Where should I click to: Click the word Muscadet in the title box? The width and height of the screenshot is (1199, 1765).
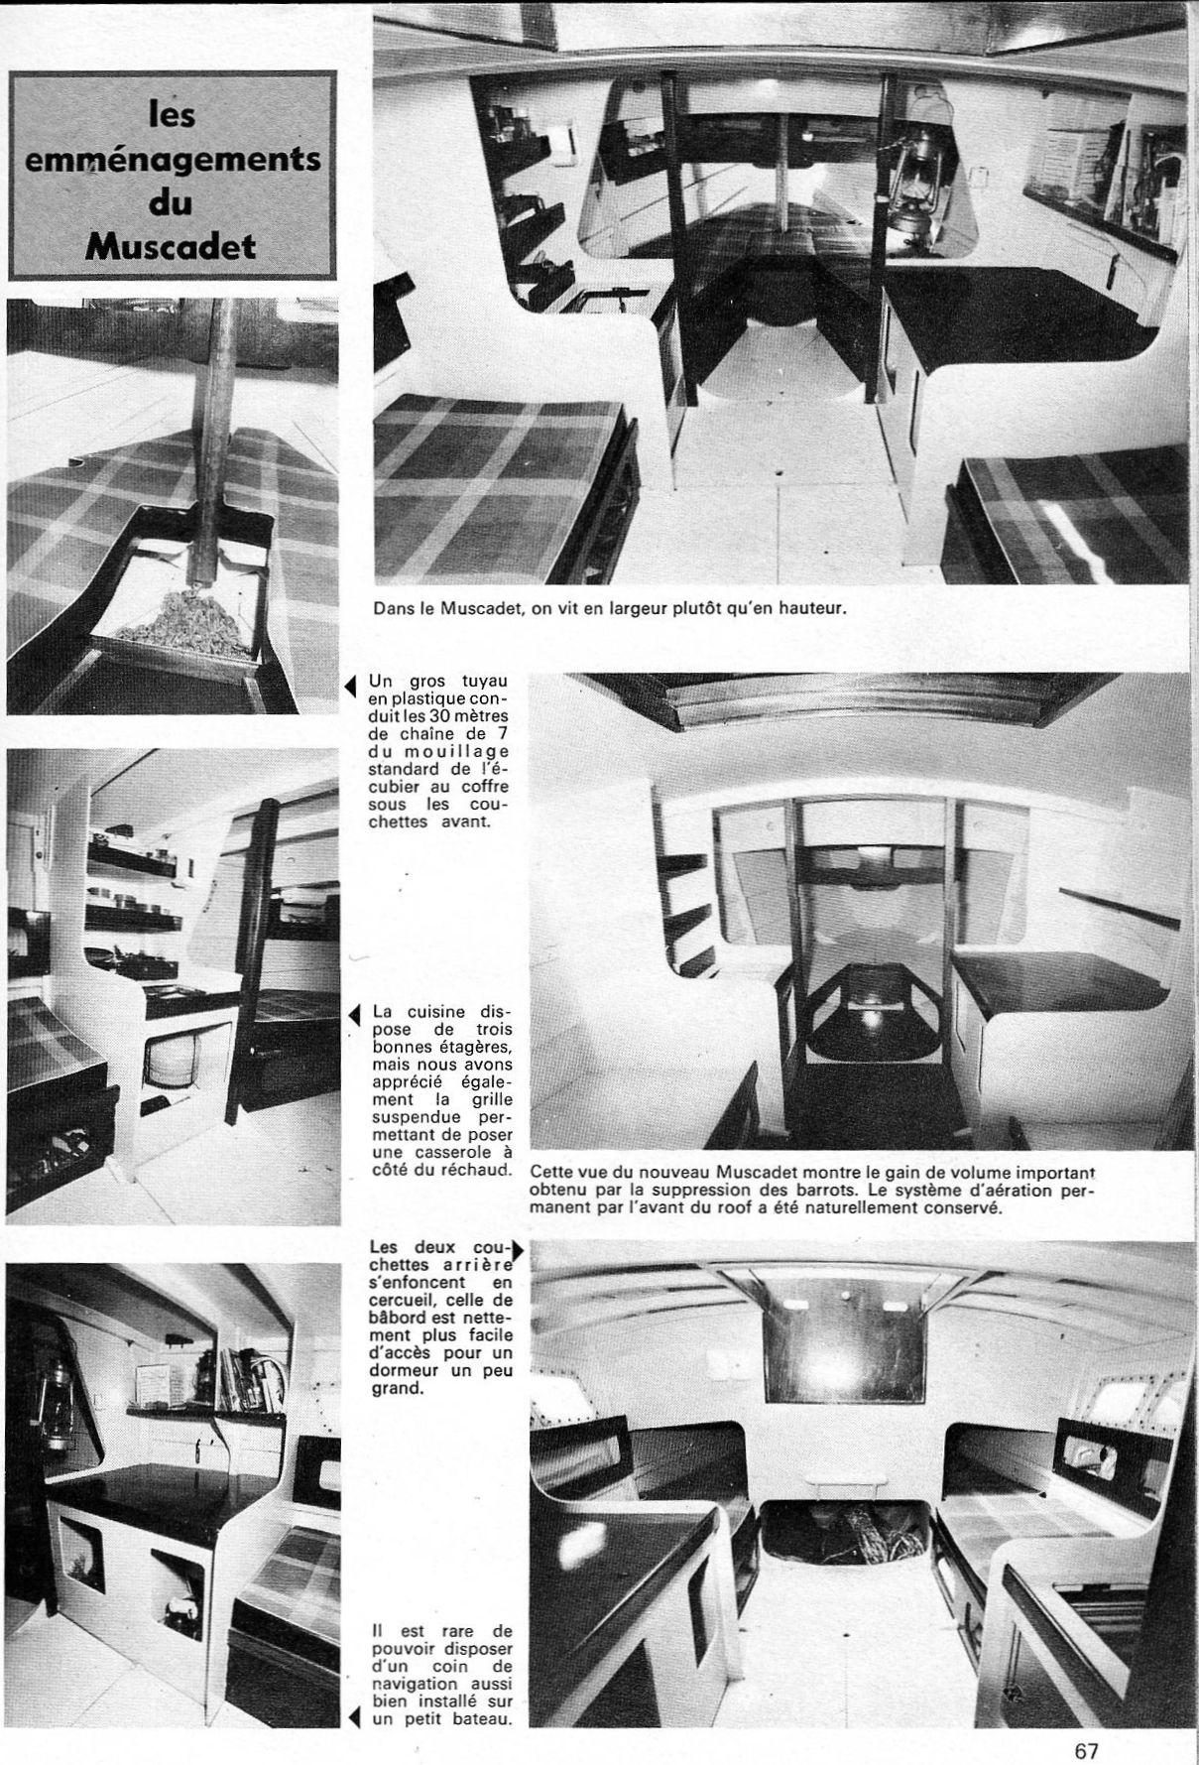[171, 245]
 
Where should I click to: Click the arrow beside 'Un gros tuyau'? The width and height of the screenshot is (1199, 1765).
[351, 686]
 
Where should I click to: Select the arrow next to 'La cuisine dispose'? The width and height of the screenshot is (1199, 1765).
[353, 1014]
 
